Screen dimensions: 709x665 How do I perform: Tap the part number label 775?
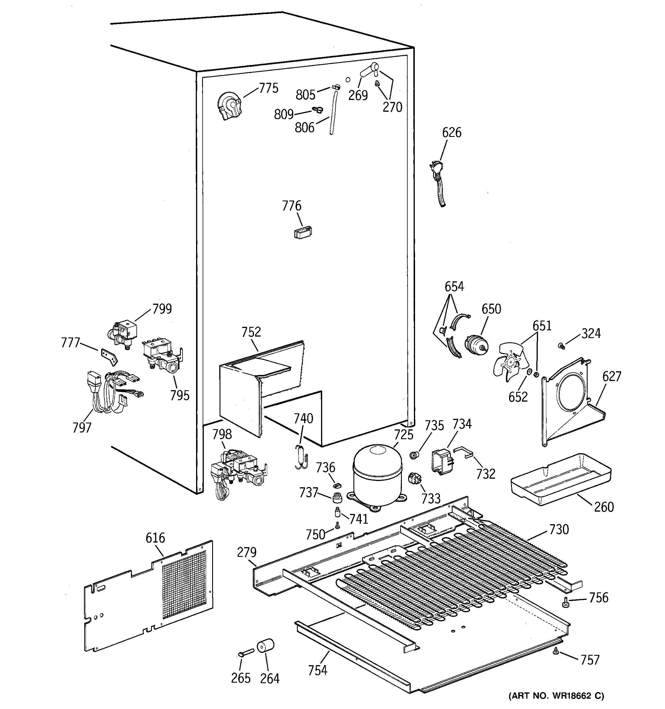[268, 88]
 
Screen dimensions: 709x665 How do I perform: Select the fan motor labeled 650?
[476, 344]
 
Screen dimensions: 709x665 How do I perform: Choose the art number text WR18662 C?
[556, 696]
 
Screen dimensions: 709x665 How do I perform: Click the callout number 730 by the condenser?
[559, 530]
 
